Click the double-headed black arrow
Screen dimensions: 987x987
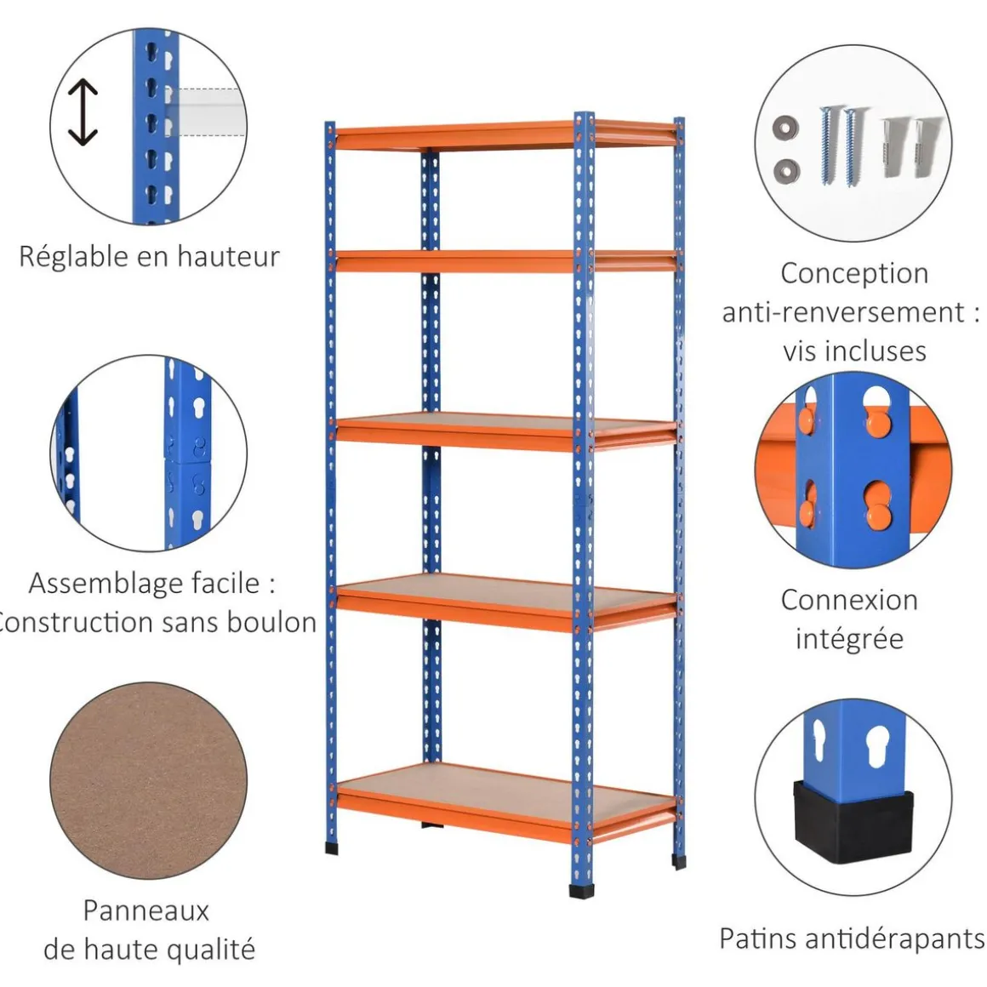coord(83,112)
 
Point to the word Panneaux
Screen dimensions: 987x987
coord(145,910)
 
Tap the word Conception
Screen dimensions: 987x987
coord(853,273)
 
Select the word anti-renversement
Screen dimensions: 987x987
coord(843,311)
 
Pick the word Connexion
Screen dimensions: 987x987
coord(849,600)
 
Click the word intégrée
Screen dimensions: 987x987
coord(849,638)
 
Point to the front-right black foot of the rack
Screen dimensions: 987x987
coord(583,890)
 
